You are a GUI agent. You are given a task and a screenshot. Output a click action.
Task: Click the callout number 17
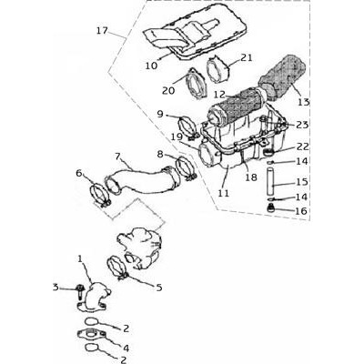point(102,31)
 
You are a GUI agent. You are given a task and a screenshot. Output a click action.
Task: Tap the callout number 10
point(151,66)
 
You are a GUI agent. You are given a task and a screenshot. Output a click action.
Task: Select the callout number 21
point(247,57)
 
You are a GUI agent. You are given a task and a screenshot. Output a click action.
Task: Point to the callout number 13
point(303,102)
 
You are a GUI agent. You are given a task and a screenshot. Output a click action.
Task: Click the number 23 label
point(302,125)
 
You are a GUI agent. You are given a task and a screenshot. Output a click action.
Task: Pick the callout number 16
point(301,211)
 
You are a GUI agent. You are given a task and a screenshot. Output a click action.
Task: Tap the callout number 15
point(302,182)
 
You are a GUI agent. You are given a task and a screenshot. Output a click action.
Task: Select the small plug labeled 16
point(270,208)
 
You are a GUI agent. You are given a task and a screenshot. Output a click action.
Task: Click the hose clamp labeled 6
point(100,196)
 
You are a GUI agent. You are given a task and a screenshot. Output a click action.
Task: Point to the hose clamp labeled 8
point(186,167)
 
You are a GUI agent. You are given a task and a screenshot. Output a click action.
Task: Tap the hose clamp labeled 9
point(188,129)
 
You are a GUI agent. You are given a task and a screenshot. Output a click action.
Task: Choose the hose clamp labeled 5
point(118,268)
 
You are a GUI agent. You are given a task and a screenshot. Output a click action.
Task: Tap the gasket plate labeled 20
point(197,84)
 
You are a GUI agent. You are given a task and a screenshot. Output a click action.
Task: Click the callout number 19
point(177,137)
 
